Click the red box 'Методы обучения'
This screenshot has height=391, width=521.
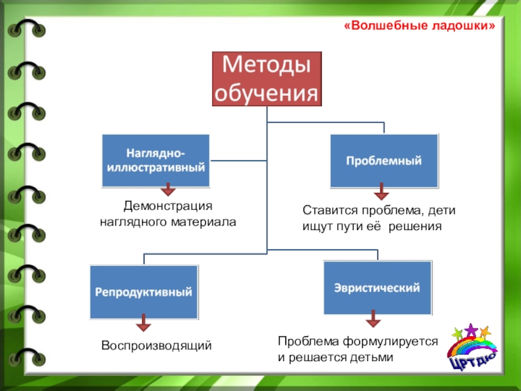pos(267,79)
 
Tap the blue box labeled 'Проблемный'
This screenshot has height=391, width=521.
pos(384,160)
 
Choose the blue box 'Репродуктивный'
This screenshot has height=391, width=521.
pos(144,293)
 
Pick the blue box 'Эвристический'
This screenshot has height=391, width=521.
pos(377,287)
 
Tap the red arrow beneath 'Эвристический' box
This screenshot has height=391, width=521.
pos(373,319)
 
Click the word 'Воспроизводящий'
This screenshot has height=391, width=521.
pos(156,345)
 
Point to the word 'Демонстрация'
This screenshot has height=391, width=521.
pos(168,206)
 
